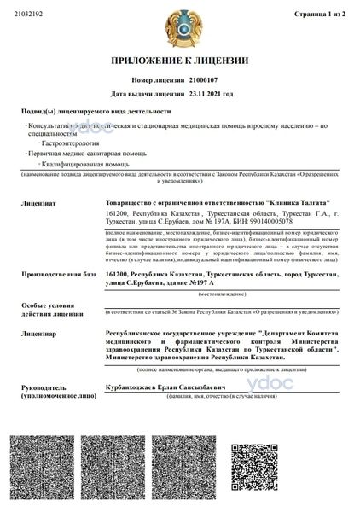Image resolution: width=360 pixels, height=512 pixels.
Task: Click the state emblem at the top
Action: click(179, 26)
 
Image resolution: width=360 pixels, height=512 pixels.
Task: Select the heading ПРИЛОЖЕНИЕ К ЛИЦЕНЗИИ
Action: click(179, 61)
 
